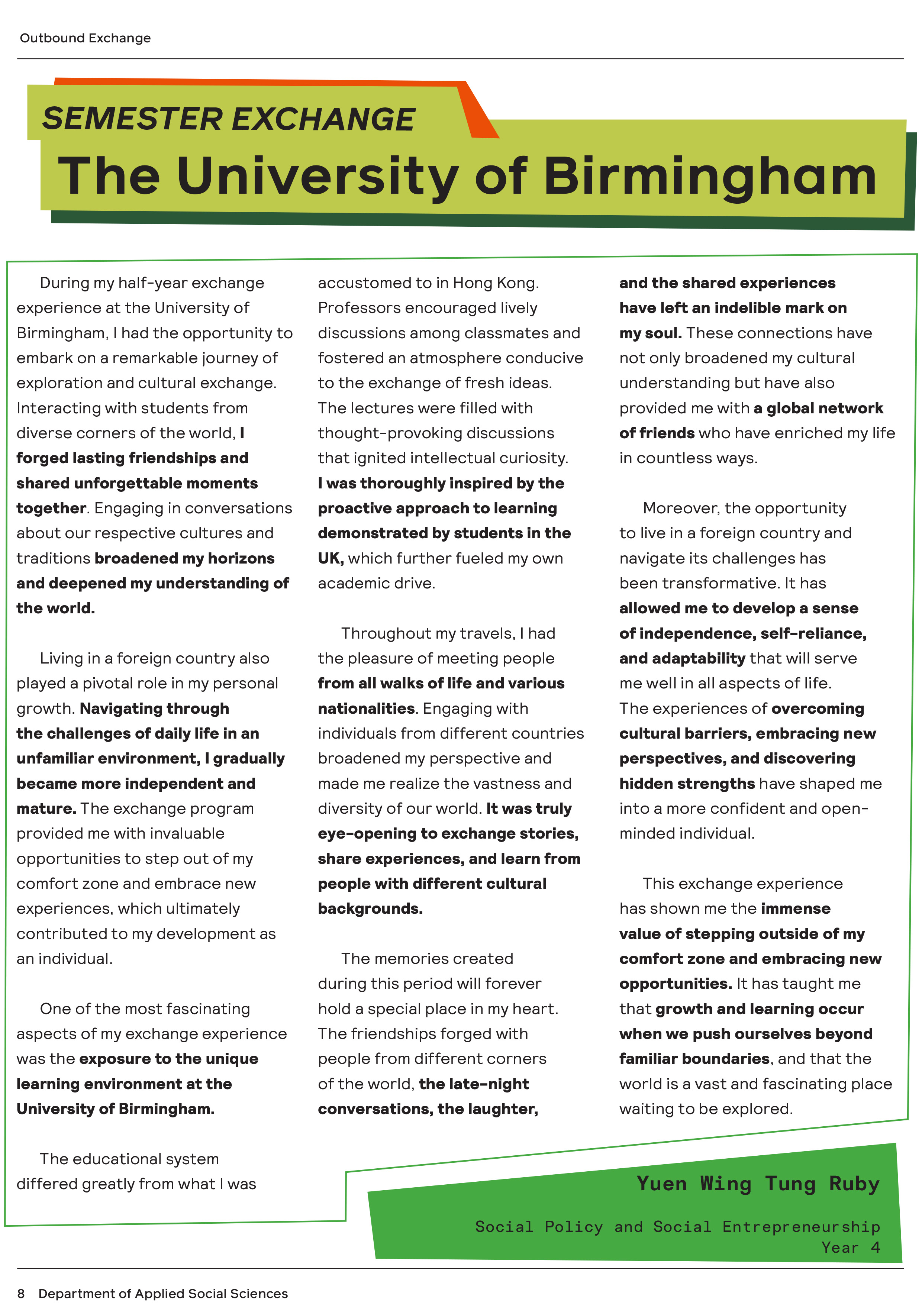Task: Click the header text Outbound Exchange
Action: pos(85,38)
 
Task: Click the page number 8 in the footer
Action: pos(21,1293)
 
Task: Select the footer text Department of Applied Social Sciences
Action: pos(163,1293)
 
